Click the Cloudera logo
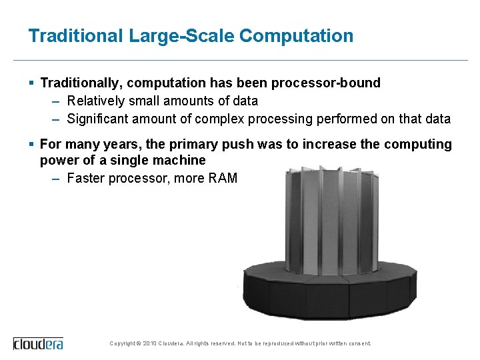(x=38, y=343)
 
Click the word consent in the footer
(x=359, y=344)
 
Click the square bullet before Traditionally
(x=32, y=83)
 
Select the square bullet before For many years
(x=32, y=145)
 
